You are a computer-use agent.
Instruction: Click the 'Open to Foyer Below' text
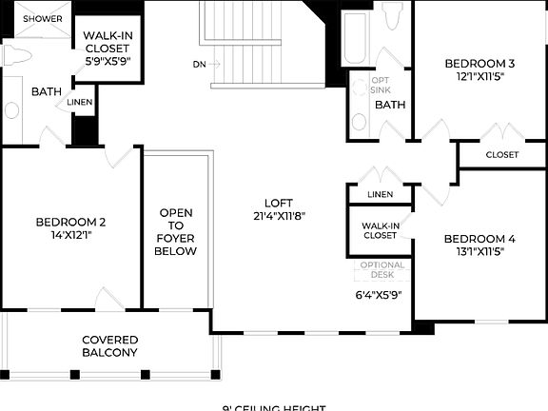click(178, 232)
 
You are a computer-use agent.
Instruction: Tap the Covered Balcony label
click(109, 346)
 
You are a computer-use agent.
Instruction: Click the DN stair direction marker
click(199, 65)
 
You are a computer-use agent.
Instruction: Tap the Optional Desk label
click(382, 270)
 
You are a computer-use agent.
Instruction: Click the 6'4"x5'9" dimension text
click(379, 294)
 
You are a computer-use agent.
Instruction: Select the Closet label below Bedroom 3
click(502, 154)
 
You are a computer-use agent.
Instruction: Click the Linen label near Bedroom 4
click(379, 195)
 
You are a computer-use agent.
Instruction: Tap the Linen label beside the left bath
click(80, 102)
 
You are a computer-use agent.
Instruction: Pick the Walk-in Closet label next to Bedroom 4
click(379, 229)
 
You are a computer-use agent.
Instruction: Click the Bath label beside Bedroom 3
click(390, 105)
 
